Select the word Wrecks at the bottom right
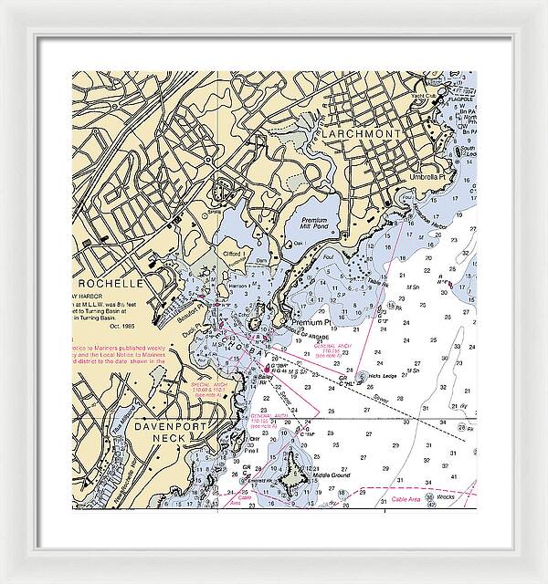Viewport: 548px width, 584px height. [x=446, y=497]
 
